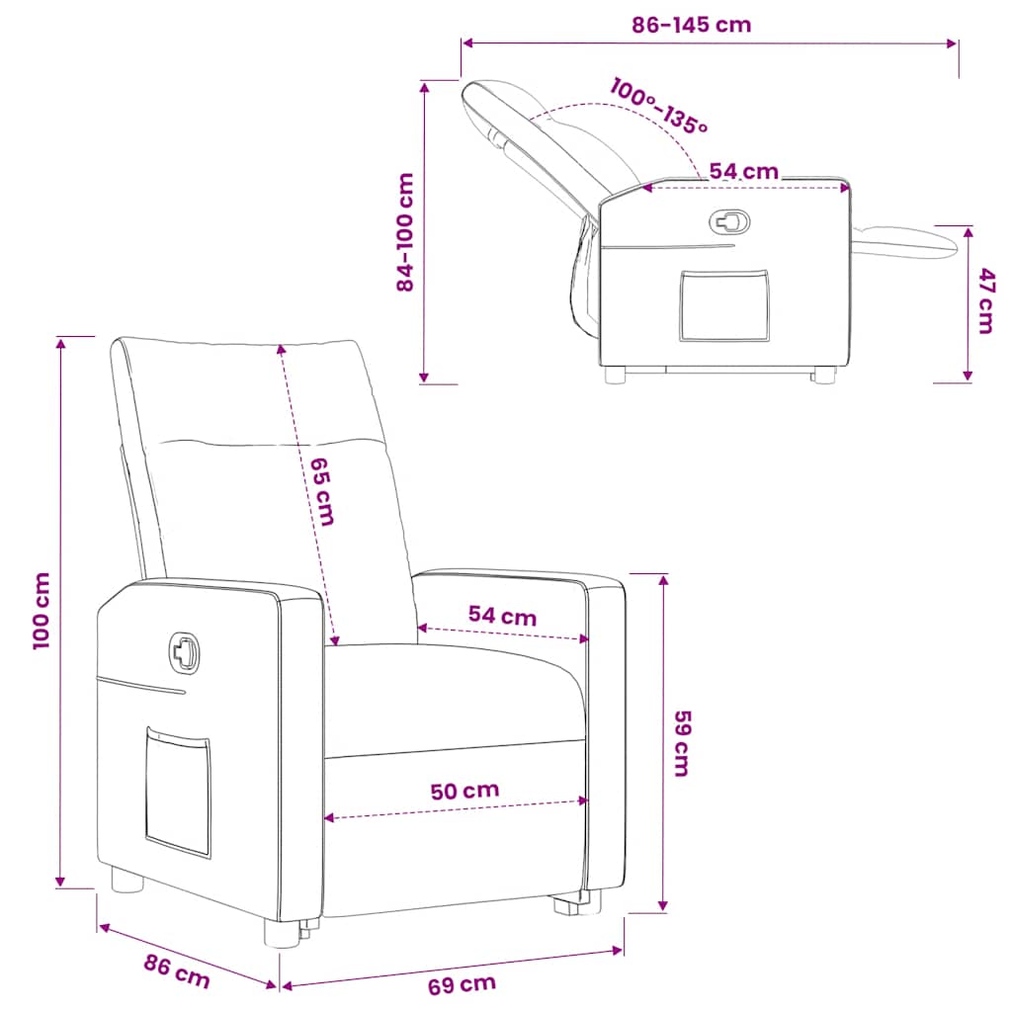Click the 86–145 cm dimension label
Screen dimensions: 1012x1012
(x=691, y=25)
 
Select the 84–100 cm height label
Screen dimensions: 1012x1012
(x=404, y=232)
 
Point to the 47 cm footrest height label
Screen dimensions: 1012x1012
(x=985, y=300)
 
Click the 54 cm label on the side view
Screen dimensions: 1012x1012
(x=743, y=171)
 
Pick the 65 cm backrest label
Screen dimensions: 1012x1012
(x=322, y=492)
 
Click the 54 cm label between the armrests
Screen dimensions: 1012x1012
(x=502, y=616)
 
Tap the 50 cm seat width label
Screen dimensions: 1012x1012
(x=464, y=791)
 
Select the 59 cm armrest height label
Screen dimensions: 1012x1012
(x=682, y=743)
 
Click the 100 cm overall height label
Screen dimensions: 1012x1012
(x=41, y=611)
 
